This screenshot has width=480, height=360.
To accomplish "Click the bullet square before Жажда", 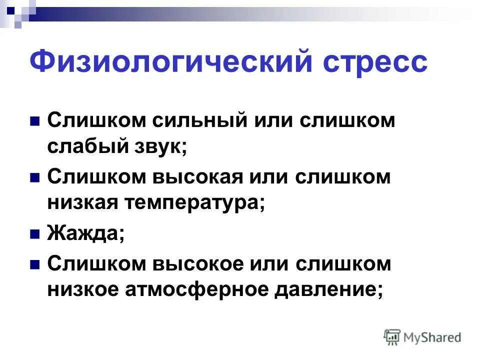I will tap(35, 234).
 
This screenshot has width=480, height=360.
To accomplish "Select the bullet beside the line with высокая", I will tap(35, 178).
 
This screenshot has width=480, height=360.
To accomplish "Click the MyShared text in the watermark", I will tap(433, 337).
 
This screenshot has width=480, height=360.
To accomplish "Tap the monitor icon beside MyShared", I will tap(392, 337).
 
